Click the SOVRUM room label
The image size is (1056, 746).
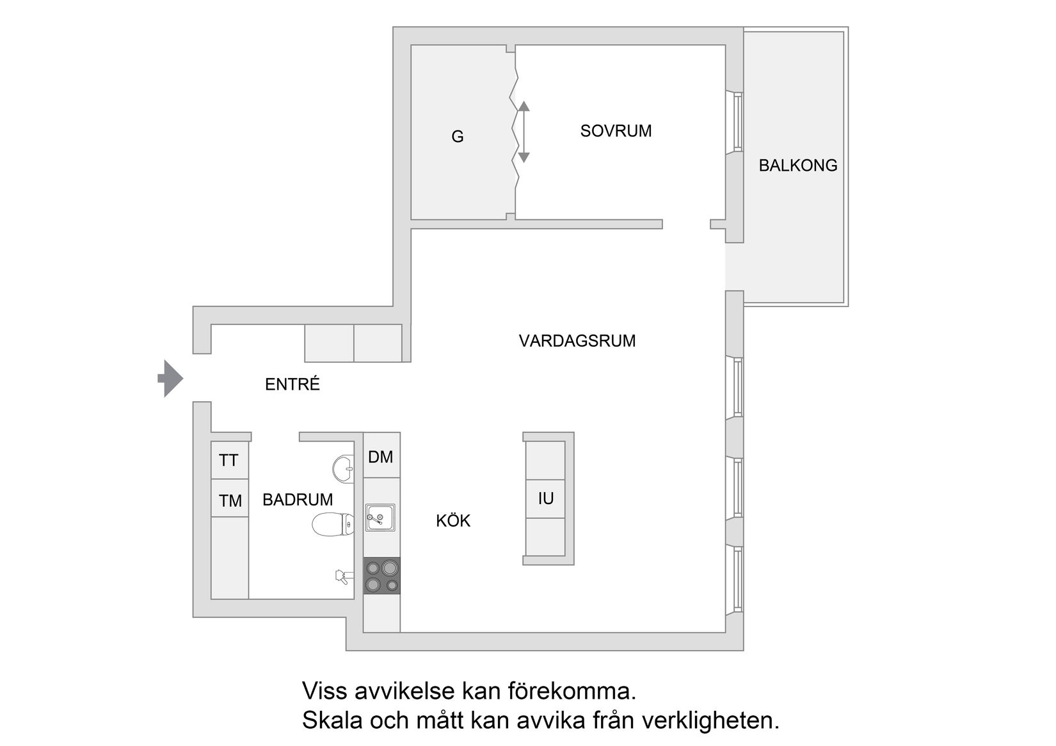point(616,131)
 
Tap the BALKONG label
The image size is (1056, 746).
point(797,166)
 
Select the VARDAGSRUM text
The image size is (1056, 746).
point(577,341)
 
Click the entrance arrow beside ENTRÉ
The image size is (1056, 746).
point(170,379)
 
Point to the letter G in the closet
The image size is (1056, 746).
point(458,137)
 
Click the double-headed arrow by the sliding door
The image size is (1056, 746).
point(524,132)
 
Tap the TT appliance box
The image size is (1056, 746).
point(228,460)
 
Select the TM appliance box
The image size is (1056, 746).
point(230,500)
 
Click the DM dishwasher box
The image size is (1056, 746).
point(381,457)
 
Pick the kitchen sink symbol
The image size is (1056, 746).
point(380,518)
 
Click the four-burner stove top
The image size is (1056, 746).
point(382,576)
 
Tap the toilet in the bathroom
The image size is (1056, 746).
point(333,525)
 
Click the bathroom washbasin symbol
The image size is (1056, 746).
point(344,468)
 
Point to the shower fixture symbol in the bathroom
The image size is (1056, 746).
point(342,577)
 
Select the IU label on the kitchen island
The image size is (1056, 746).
point(546,498)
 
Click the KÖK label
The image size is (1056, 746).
point(453,521)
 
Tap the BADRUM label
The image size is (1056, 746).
point(298,500)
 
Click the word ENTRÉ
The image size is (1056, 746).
point(292,385)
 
